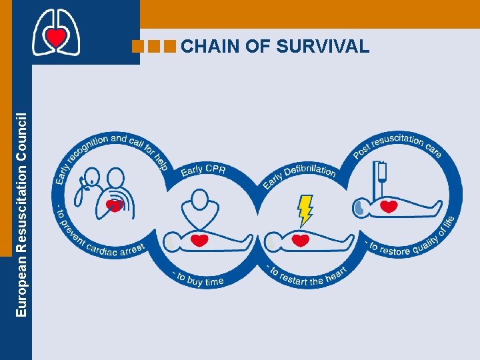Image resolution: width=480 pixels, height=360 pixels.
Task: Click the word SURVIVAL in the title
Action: [327, 46]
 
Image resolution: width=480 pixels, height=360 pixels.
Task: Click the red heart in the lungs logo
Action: [56, 37]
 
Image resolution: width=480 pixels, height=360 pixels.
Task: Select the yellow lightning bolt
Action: [305, 209]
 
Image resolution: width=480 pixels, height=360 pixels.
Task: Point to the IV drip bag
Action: [381, 173]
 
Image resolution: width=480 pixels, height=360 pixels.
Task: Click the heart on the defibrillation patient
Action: [301, 239]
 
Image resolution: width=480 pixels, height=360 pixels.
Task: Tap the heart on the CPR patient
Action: [199, 239]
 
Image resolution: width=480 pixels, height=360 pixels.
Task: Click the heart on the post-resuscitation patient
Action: [389, 207]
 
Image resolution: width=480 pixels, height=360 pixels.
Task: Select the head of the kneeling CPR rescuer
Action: [200, 198]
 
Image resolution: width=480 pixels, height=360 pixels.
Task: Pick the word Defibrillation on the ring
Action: [309, 170]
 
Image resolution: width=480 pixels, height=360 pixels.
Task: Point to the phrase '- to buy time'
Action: [197, 279]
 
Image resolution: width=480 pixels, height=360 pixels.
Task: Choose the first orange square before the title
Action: [139, 46]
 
